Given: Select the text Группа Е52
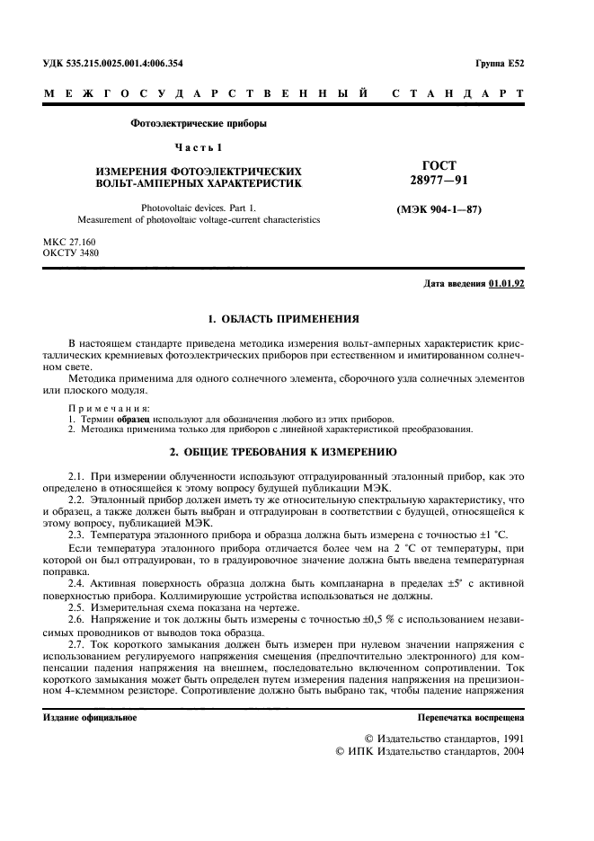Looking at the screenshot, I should (x=499, y=64).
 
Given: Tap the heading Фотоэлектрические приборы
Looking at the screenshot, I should (x=199, y=123).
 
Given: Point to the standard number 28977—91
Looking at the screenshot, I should (x=439, y=181).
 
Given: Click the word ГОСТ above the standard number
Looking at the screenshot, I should (x=439, y=165).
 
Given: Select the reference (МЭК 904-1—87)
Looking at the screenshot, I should (x=439, y=210).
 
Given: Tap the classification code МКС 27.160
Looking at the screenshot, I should (x=69, y=243).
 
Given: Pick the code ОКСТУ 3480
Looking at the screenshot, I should (x=71, y=253).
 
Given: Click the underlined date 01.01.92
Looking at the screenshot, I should (x=507, y=284).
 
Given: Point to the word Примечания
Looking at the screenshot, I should (x=101, y=409).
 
